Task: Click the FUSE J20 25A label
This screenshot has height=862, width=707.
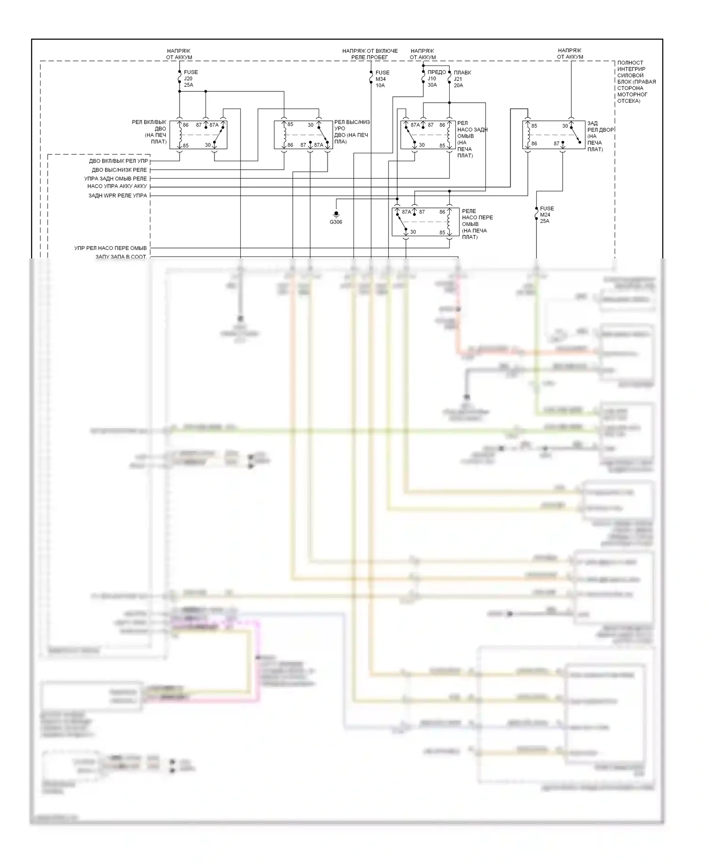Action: [x=190, y=79]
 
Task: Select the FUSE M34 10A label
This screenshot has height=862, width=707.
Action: [x=382, y=79]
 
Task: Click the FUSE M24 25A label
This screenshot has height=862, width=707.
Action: [x=547, y=215]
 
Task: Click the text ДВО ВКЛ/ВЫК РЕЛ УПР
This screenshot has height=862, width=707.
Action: [x=118, y=161]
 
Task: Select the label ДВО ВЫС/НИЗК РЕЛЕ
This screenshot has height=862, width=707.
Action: [x=119, y=170]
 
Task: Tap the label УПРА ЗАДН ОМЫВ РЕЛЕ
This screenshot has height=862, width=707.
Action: [x=115, y=179]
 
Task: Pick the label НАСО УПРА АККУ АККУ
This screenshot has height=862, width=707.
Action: [x=117, y=186]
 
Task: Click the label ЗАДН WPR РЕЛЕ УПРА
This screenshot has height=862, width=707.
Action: [x=118, y=196]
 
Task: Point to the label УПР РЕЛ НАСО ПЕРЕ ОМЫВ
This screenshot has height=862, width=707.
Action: [x=110, y=248]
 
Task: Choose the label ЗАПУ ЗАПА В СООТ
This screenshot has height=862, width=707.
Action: [x=121, y=257]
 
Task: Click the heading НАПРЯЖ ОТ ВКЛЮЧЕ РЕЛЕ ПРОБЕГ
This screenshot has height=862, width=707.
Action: [x=370, y=54]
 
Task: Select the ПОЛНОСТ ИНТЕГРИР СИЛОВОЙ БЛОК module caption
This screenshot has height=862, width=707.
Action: [x=636, y=82]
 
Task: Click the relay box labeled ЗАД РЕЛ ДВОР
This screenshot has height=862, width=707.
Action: [x=553, y=135]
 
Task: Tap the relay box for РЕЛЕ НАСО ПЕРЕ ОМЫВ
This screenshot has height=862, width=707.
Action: [x=425, y=222]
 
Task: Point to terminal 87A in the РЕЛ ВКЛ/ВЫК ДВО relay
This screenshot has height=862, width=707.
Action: [x=214, y=125]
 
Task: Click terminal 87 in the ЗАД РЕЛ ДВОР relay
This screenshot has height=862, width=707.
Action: [x=557, y=144]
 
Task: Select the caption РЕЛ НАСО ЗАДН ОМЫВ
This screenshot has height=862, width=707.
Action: [x=472, y=139]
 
